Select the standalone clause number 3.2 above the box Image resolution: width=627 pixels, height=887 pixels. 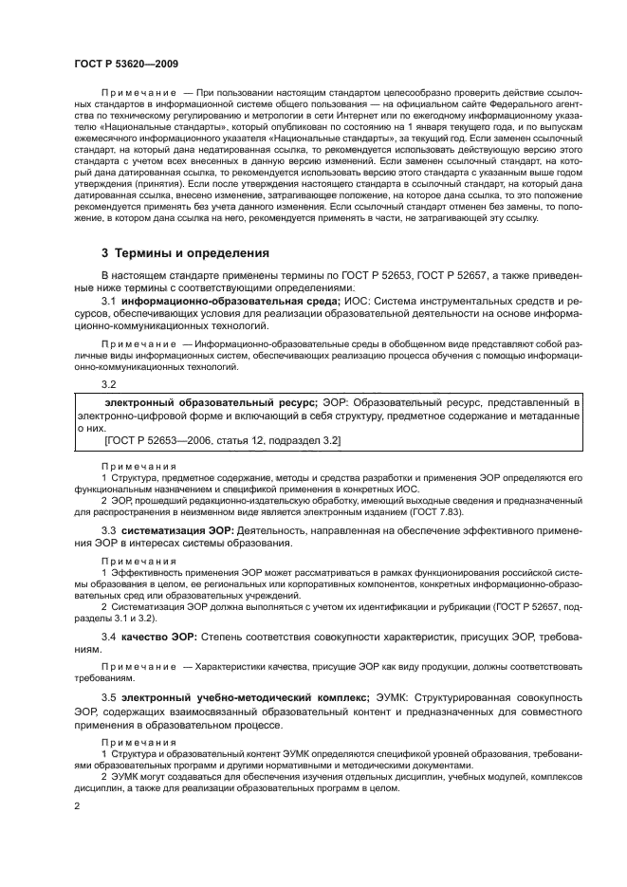[109, 383]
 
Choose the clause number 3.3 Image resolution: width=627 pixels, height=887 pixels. [109, 529]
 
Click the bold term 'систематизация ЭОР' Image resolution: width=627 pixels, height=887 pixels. [183, 529]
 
